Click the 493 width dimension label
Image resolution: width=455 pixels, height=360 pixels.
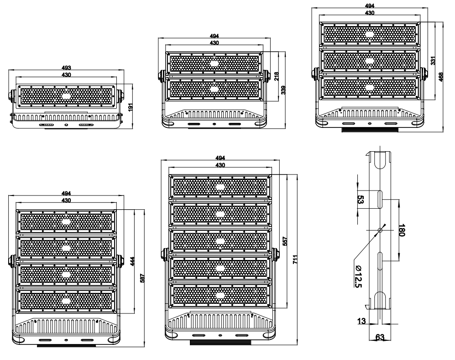66,68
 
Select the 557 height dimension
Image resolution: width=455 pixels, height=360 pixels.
285,243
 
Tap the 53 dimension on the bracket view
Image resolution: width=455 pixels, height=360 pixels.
361,200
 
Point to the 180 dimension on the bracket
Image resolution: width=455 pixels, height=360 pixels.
402,229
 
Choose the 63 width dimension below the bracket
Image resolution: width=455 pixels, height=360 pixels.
379,338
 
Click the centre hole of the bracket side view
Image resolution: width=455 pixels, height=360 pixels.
379,230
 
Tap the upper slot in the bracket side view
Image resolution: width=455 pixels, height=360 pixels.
379,200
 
